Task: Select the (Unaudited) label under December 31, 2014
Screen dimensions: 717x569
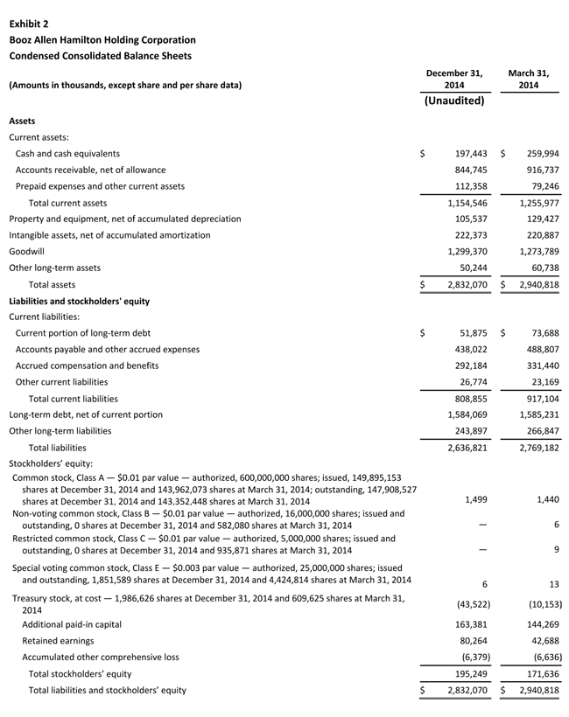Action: click(x=453, y=101)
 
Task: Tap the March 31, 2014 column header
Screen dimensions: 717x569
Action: click(x=529, y=79)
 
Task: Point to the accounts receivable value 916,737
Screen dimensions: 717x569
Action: click(x=538, y=170)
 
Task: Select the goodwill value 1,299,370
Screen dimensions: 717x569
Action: click(x=461, y=252)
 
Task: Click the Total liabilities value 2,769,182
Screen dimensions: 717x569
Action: click(x=533, y=448)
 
